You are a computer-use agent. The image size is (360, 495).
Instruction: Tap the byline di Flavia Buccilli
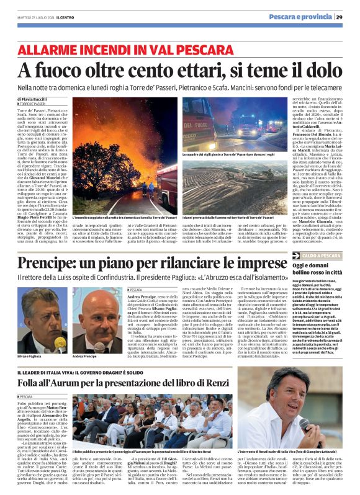click(32, 99)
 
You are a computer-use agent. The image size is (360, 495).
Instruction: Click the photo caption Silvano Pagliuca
click(29, 357)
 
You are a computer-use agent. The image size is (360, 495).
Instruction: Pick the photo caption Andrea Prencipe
click(84, 357)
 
